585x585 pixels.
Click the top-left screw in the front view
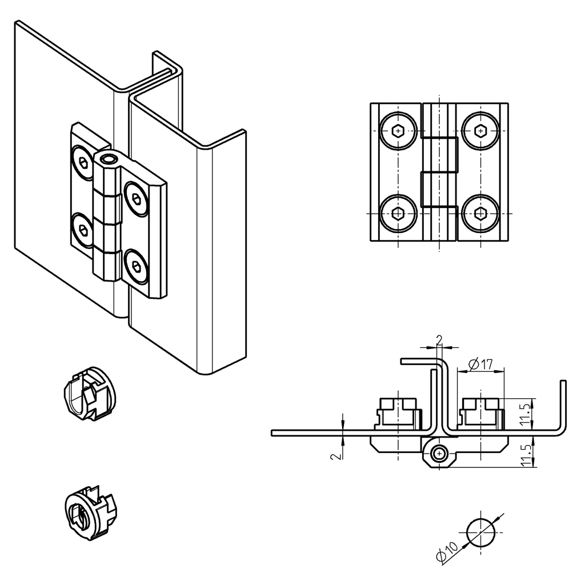coord(398,131)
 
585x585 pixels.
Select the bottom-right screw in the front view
coord(480,214)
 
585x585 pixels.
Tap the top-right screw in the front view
coord(480,131)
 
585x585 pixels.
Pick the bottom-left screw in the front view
coord(398,214)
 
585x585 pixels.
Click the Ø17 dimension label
coord(480,363)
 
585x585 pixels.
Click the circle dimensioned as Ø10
coord(481,533)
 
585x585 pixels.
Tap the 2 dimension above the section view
coord(439,340)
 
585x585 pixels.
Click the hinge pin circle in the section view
coord(439,454)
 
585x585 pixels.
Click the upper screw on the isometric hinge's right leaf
coord(136,199)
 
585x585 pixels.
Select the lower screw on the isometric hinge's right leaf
coord(136,266)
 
